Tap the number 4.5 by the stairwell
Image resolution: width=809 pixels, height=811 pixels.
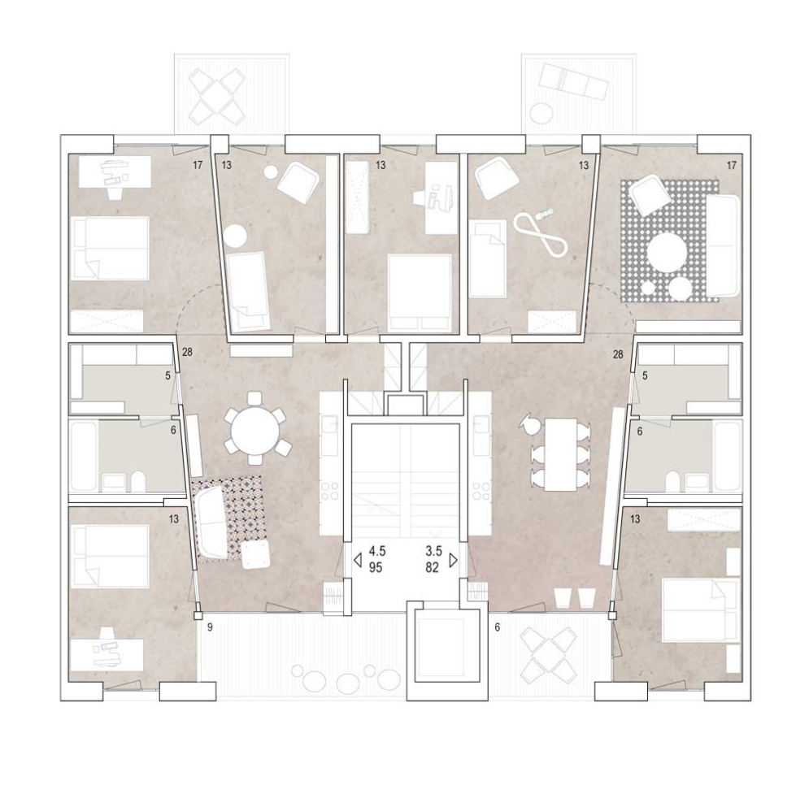pyautogui.click(x=377, y=551)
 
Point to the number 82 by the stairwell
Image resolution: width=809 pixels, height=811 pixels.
pyautogui.click(x=433, y=568)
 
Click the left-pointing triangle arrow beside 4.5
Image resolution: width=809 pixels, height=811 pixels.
pyautogui.click(x=357, y=560)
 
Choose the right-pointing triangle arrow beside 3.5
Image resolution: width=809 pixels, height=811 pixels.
pyautogui.click(x=454, y=560)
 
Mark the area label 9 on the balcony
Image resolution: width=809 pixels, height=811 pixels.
pyautogui.click(x=210, y=628)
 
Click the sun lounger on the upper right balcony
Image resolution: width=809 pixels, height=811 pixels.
pyautogui.click(x=572, y=80)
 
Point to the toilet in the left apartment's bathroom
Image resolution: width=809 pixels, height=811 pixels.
pyautogui.click(x=138, y=483)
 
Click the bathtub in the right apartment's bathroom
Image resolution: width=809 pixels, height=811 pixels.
pyautogui.click(x=728, y=456)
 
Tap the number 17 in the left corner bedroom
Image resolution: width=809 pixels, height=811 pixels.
pyautogui.click(x=198, y=166)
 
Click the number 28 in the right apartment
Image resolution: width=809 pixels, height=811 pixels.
pyautogui.click(x=617, y=355)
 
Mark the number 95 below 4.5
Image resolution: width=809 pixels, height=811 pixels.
pyautogui.click(x=376, y=568)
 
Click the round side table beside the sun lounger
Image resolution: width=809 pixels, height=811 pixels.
pyautogui.click(x=542, y=113)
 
